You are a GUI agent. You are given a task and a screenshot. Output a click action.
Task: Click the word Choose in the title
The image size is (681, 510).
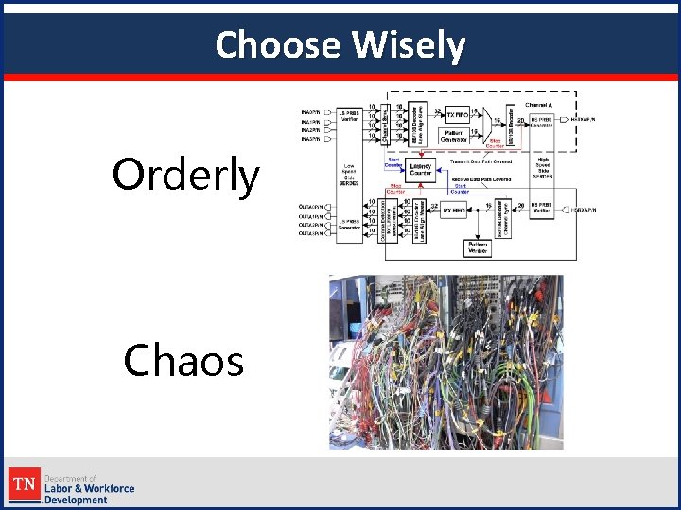pos(275,44)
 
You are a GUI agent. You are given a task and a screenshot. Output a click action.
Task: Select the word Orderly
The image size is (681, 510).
pos(185,175)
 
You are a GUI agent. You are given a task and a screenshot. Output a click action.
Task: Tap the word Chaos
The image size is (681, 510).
pos(184,360)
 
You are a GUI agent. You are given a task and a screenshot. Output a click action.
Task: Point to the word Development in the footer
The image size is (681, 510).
pos(76,500)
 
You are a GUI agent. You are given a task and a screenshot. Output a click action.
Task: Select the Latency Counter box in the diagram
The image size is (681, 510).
pos(420,171)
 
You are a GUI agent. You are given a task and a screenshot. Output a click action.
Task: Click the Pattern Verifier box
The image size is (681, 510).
pos(477,247)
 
